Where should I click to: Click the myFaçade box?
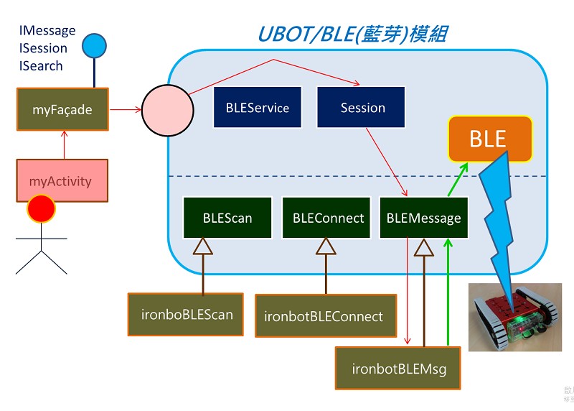[62, 109]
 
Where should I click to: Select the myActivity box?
[62, 180]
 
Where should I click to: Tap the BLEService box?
[257, 108]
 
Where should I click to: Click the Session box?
[362, 108]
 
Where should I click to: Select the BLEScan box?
[227, 218]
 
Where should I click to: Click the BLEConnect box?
[328, 218]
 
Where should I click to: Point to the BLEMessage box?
[423, 218]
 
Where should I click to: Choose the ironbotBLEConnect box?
[326, 316]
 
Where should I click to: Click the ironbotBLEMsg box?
[399, 369]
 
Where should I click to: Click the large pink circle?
[167, 110]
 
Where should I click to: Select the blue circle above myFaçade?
[94, 46]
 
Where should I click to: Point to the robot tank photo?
[515, 316]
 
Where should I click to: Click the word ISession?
[43, 48]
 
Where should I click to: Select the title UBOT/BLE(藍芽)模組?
[352, 33]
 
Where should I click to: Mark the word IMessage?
[47, 31]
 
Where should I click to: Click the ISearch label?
[41, 65]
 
